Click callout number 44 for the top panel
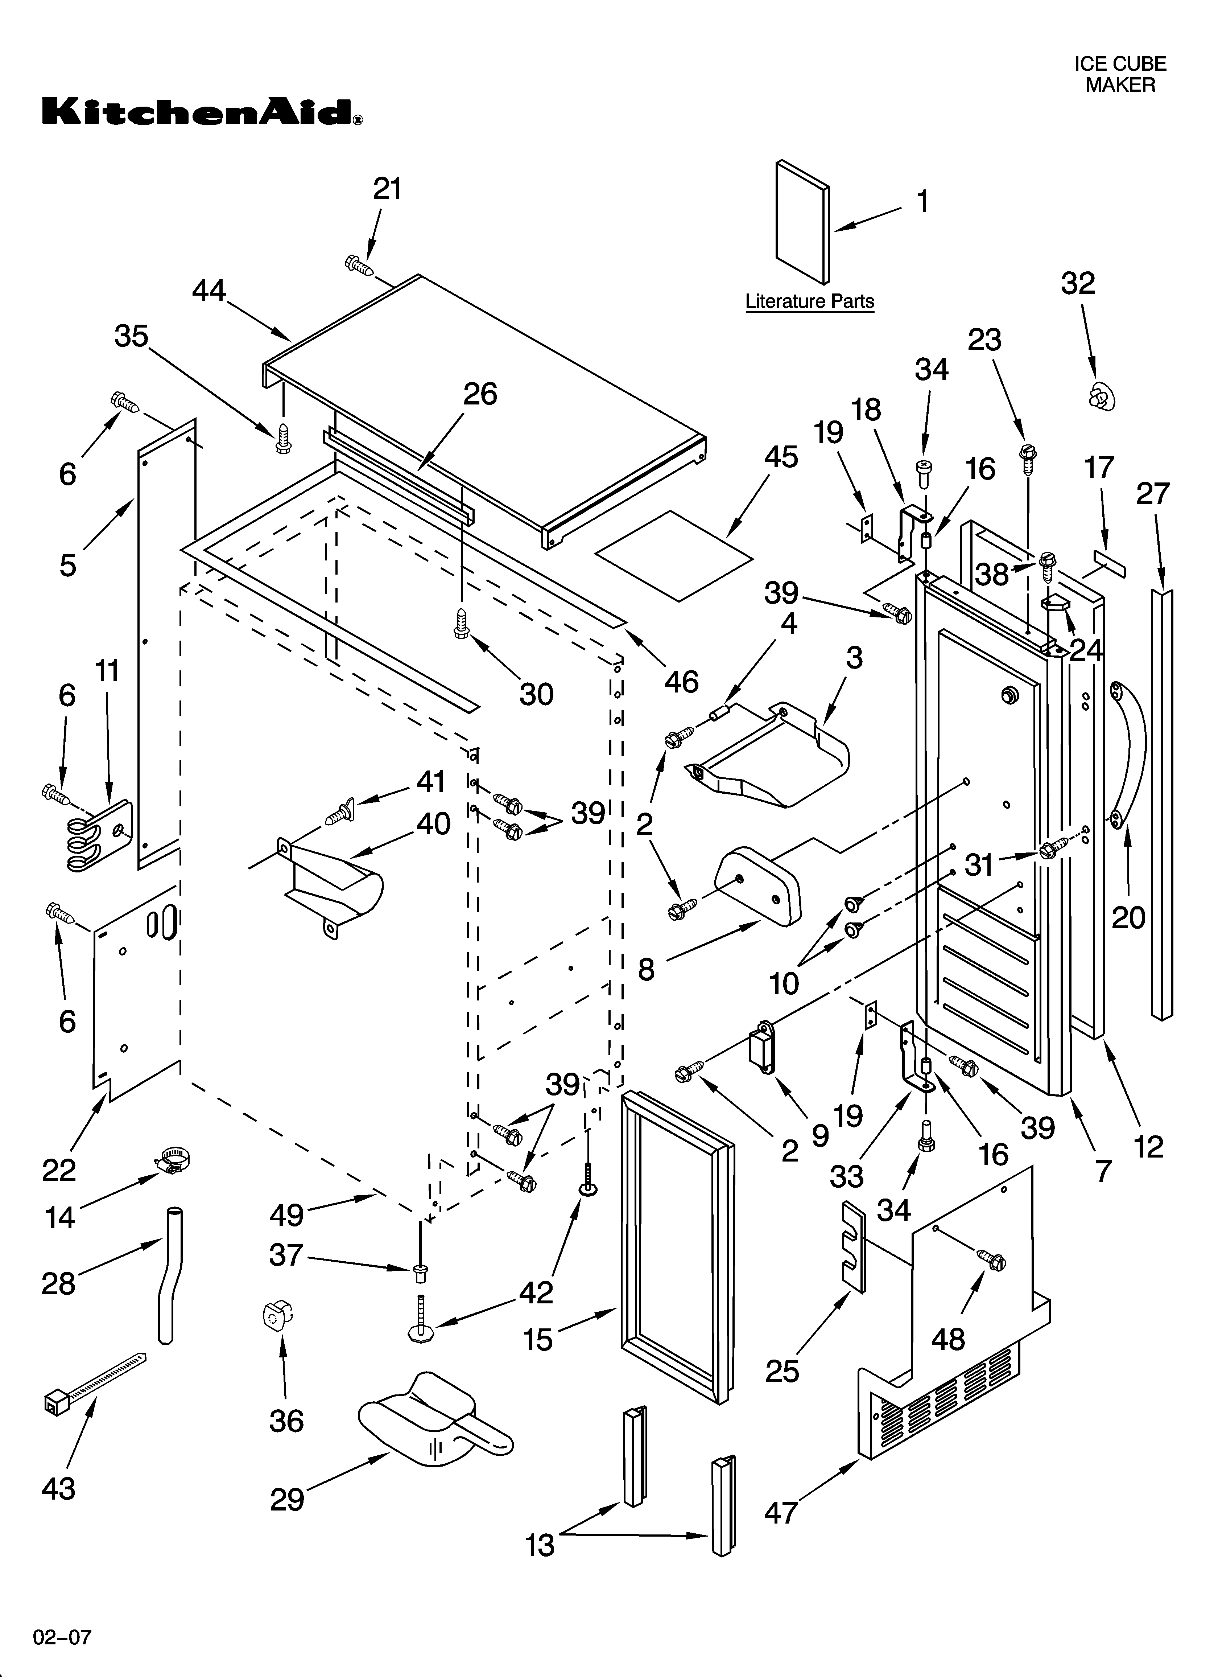[209, 291]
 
